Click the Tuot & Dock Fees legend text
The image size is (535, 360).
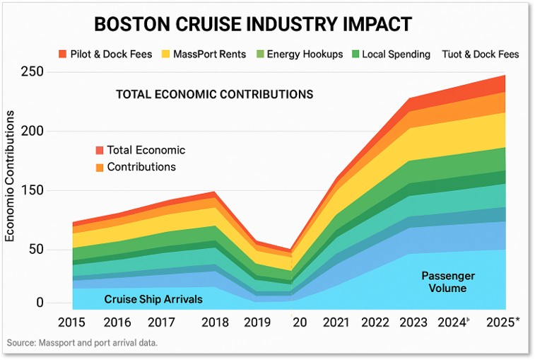[x=480, y=54]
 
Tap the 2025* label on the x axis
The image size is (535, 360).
[x=503, y=323]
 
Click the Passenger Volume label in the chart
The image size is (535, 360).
[x=448, y=281]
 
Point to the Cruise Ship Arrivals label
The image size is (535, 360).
[x=153, y=299]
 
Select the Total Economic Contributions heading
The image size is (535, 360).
[x=214, y=94]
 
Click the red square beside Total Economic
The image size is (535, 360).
[x=100, y=150]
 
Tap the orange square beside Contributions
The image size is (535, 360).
[x=100, y=168]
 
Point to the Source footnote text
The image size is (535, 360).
[x=82, y=343]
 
